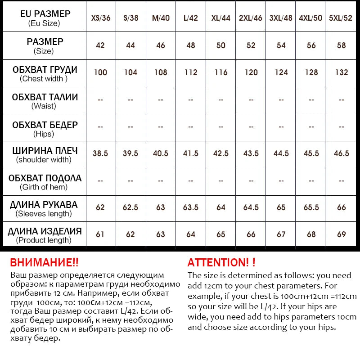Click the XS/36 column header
coord(101,18)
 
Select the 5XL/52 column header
coord(341,18)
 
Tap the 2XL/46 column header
coord(251,18)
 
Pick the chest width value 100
coord(100,72)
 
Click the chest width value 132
coord(342,72)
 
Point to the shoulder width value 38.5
coord(100,153)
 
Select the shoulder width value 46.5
coord(342,153)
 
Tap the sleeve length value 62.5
coord(130,208)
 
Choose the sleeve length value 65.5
coord(311,208)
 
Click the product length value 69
coord(342,234)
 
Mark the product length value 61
coord(100,234)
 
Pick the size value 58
coord(342,45)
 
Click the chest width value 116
coord(221,72)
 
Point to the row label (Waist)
coord(44,106)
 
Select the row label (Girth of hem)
coord(44,187)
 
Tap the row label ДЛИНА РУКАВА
coord(44,205)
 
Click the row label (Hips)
coord(44,134)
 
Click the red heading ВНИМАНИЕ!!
coord(44,263)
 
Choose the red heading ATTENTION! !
coord(221,263)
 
